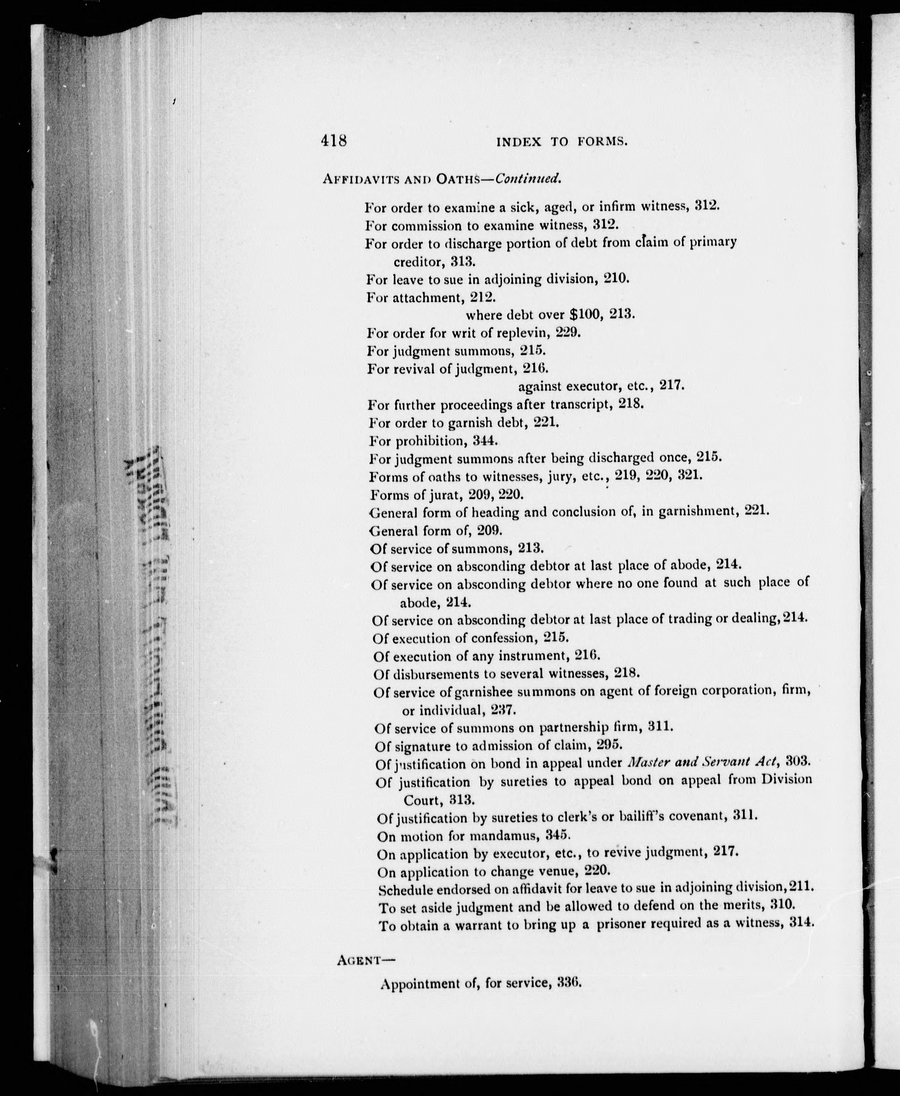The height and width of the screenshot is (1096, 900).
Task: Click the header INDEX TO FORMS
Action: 562,142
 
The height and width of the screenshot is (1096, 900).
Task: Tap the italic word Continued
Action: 528,179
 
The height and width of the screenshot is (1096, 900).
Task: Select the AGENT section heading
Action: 365,960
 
